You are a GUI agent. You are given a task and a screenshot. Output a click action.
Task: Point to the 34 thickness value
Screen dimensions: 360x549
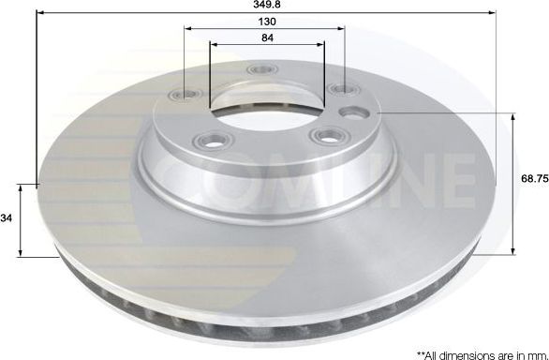point(7,219)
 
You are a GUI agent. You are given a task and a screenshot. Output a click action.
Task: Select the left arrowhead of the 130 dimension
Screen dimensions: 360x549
point(189,29)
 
